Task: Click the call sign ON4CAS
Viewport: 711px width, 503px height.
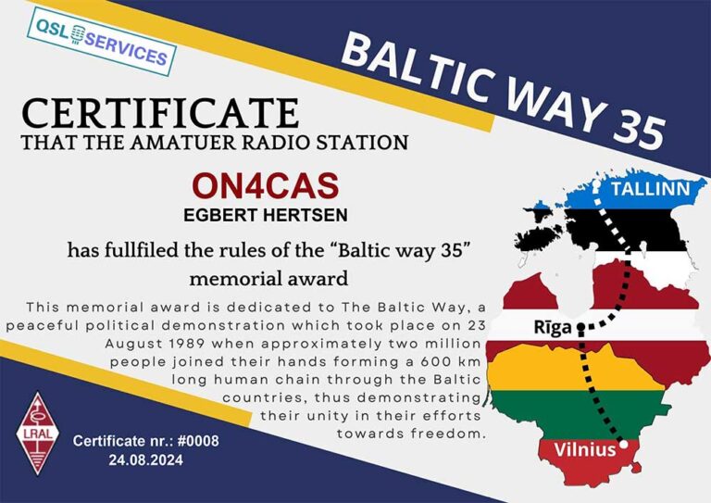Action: pyautogui.click(x=266, y=185)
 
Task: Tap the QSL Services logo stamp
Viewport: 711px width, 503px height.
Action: pyautogui.click(x=102, y=41)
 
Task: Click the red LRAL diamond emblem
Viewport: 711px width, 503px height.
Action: pyautogui.click(x=38, y=434)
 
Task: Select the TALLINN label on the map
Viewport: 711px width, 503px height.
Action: pyautogui.click(x=650, y=189)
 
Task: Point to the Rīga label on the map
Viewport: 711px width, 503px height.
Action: pyautogui.click(x=553, y=328)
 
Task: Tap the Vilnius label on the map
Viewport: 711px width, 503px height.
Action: pyautogui.click(x=585, y=449)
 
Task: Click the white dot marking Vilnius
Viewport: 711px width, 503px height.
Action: pyautogui.click(x=624, y=444)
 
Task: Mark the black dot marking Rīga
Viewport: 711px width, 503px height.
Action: pyautogui.click(x=580, y=327)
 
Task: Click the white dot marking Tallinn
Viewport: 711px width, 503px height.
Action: pyautogui.click(x=596, y=185)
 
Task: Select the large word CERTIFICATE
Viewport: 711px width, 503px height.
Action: pyautogui.click(x=160, y=113)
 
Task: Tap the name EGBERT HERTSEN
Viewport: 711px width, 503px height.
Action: pyautogui.click(x=266, y=215)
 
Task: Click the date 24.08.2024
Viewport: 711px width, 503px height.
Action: pyautogui.click(x=146, y=459)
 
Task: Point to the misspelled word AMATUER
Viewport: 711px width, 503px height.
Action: pyautogui.click(x=184, y=143)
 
